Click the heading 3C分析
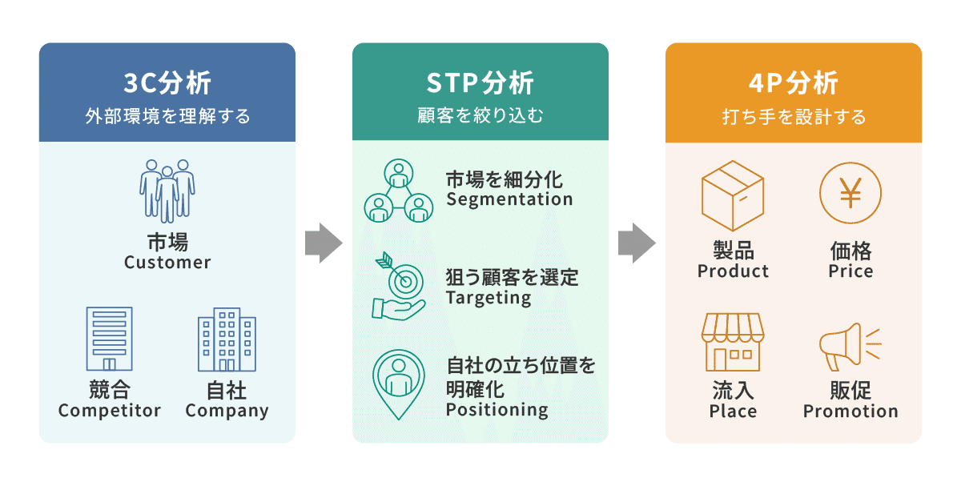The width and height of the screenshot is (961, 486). (167, 82)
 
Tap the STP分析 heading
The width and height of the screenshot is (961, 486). (480, 82)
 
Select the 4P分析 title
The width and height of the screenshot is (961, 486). (793, 82)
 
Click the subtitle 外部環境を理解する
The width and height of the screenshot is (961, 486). (167, 117)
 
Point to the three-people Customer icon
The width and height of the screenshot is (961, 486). (167, 191)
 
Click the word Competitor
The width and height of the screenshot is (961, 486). (110, 411)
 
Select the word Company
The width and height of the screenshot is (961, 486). (227, 412)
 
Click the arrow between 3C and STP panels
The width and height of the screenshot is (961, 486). (324, 243)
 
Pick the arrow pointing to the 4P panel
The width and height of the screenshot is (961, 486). (637, 243)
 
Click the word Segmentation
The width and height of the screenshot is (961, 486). (509, 199)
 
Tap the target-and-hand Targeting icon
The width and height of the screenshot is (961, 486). (399, 287)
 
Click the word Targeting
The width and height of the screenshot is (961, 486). (489, 298)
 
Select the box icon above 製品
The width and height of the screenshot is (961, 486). (732, 195)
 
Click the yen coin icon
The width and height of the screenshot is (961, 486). (850, 195)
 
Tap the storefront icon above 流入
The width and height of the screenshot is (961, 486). (732, 342)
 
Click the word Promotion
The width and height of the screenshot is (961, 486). (850, 412)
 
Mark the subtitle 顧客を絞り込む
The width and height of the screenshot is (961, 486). (480, 117)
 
